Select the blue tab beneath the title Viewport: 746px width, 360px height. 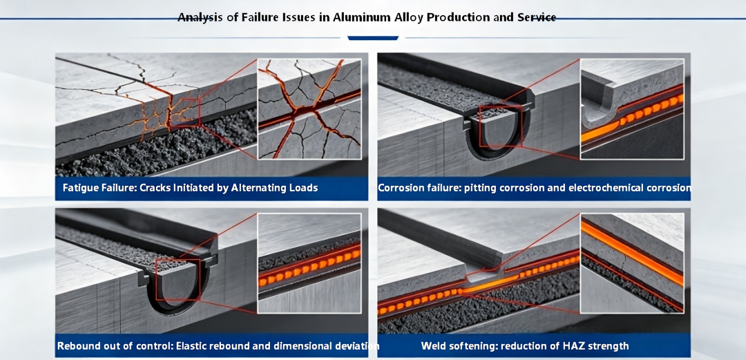373,37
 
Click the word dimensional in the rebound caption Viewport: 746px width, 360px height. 291,346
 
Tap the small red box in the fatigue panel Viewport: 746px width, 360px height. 184,113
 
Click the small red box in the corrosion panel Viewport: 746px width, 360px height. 501,126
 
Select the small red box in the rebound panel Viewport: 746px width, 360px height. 178,279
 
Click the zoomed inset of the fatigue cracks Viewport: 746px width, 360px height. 309,109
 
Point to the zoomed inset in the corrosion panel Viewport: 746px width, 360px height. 632,109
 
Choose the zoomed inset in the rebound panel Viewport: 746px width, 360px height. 309,263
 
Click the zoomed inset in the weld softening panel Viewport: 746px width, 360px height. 632,263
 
